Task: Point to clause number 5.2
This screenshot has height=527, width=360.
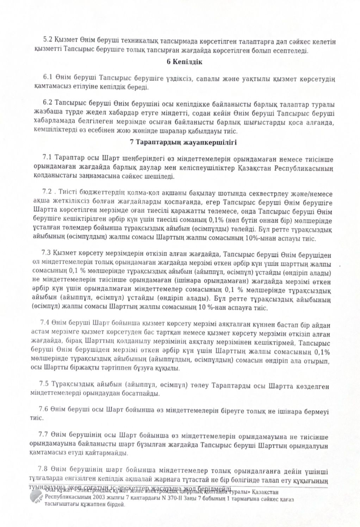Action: point(48,42)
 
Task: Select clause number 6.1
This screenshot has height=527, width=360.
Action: point(48,77)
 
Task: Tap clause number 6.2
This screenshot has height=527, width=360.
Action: point(48,103)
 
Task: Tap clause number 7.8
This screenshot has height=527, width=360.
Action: point(43,469)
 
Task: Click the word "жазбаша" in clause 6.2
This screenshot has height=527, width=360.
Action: point(45,113)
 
